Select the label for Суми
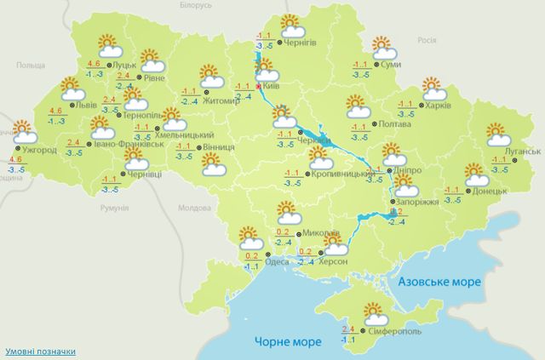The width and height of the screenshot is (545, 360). tap(393, 65)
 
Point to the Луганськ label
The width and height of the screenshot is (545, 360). tap(521, 151)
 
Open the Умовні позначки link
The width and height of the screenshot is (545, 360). tap(40, 351)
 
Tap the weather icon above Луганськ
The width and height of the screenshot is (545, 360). tap(497, 134)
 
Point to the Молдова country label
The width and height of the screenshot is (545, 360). tap(192, 207)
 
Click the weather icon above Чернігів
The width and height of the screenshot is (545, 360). tap(292, 25)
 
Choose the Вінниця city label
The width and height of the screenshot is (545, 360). tap(219, 146)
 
